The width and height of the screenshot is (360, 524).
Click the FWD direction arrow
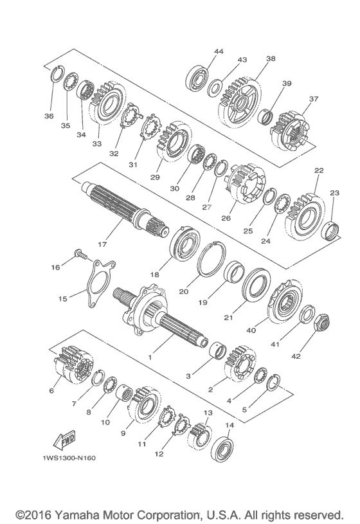point(64,440)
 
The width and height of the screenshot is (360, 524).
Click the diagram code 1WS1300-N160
point(69,458)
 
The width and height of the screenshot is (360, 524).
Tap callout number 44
point(219,51)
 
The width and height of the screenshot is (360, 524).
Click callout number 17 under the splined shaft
point(102,244)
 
